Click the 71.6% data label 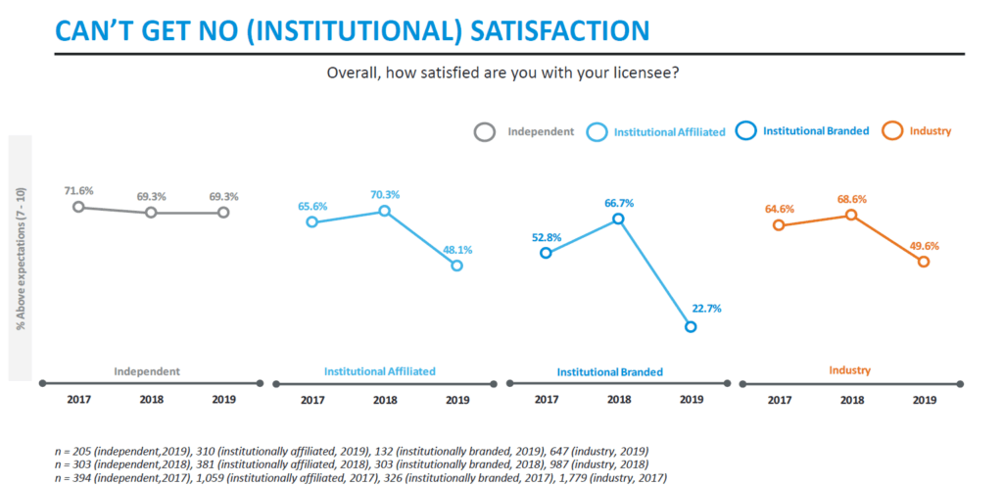pos(78,190)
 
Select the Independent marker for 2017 pos(78,207)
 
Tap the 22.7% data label pos(706,309)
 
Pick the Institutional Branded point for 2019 pos(691,327)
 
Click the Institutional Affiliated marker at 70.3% pos(384,211)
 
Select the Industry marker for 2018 pos(851,215)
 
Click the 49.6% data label pos(923,246)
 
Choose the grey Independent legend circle pos(485,132)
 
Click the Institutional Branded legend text pos(816,130)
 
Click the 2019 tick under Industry pos(925,400)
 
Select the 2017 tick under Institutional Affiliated pos(312,400)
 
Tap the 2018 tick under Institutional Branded pos(619,400)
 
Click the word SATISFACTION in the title pos(559,30)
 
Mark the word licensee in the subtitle pos(645,73)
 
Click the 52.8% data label pos(546,237)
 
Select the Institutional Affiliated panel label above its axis pos(380,370)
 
